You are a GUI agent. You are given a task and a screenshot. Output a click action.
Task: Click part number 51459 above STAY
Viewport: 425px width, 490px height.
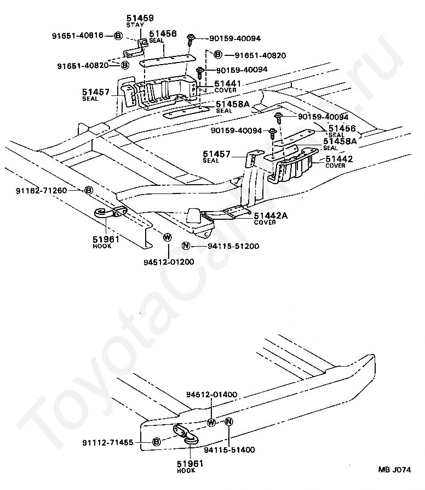140,18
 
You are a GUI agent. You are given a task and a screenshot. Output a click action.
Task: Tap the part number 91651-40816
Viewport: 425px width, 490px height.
77,36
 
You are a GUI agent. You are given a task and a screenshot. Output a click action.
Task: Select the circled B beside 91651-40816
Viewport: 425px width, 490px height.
118,36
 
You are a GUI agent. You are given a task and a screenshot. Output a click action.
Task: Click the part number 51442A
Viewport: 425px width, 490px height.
271,215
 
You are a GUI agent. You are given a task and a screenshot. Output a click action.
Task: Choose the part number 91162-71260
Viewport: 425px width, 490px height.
42,190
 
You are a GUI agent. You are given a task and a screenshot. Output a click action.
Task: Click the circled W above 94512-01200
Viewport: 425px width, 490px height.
168,237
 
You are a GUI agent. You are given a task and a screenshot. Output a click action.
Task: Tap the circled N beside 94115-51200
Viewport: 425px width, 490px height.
186,246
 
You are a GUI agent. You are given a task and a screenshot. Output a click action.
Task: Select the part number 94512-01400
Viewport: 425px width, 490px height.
212,395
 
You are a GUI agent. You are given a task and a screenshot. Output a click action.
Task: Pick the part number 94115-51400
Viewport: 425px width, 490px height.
229,449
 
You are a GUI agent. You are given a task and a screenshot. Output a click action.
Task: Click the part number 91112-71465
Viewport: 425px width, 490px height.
108,442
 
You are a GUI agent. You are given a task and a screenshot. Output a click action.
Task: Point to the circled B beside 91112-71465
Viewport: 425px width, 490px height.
156,442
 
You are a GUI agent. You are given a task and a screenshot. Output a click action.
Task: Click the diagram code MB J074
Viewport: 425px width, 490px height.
395,469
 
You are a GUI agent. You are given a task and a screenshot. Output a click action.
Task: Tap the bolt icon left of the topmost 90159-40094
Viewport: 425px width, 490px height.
190,39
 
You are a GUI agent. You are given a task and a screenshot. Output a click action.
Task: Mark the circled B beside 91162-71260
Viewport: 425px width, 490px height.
89,190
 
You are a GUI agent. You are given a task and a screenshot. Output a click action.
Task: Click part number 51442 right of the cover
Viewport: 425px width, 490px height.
339,159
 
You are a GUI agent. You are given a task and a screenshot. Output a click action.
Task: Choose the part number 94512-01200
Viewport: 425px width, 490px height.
169,262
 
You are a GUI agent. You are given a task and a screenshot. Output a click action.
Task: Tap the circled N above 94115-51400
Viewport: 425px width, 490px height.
229,421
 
